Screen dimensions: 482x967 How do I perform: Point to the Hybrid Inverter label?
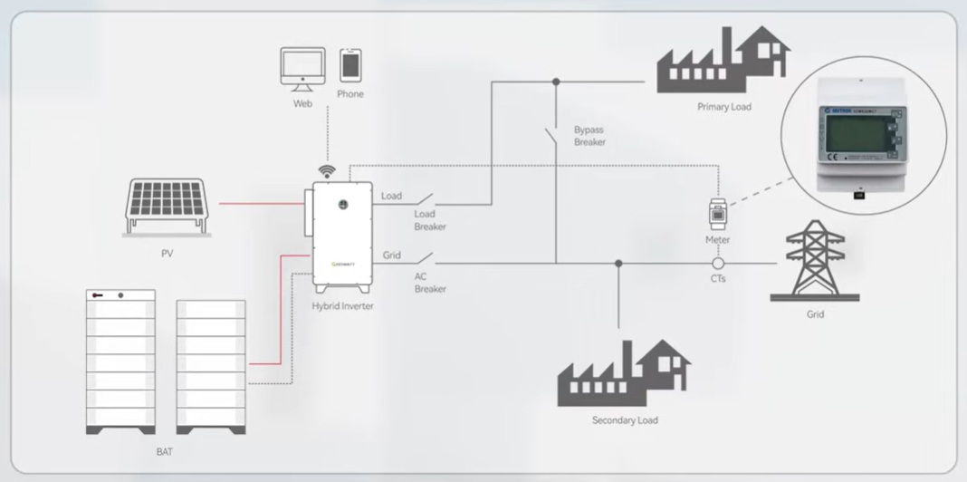click(x=342, y=306)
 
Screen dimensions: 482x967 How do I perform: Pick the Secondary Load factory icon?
click(x=624, y=375)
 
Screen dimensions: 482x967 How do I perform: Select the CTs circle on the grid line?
click(x=717, y=264)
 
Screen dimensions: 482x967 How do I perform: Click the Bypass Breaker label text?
click(x=589, y=136)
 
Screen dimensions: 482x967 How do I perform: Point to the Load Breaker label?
click(x=430, y=220)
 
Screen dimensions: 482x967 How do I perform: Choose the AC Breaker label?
click(x=430, y=283)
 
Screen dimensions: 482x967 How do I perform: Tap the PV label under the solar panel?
click(x=168, y=254)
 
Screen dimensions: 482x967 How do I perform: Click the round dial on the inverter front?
click(x=343, y=205)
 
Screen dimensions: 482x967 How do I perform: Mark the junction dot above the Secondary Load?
click(x=618, y=264)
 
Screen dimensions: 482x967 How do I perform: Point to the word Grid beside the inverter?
click(x=391, y=255)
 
